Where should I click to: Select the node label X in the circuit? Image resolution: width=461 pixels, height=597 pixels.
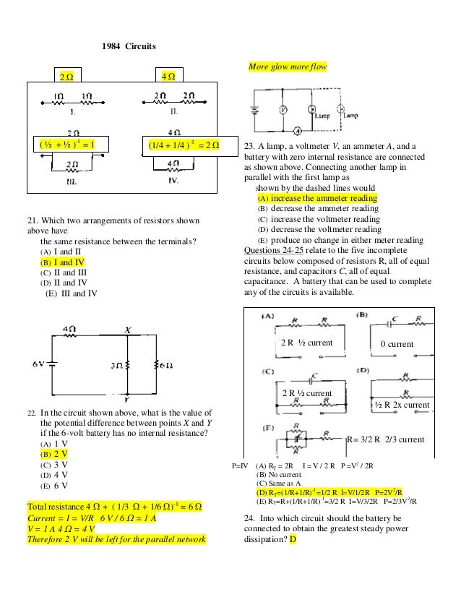click(126, 329)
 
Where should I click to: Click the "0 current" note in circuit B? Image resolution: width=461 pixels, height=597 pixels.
click(397, 345)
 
